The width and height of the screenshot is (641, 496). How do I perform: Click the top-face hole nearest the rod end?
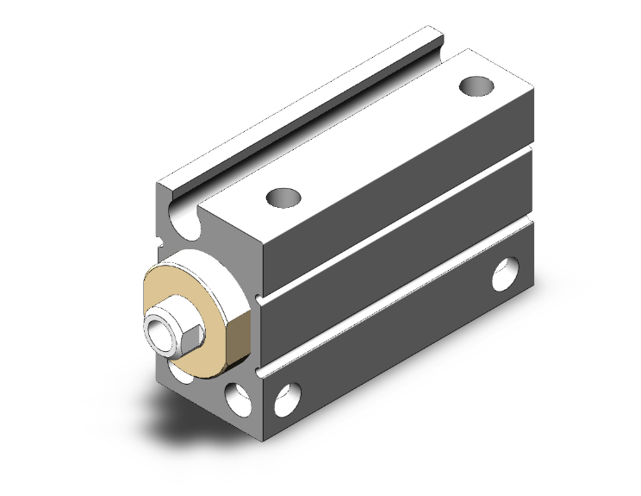click(283, 198)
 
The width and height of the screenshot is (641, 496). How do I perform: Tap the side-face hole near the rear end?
click(503, 275)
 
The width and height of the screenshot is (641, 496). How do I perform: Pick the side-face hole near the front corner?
click(285, 399)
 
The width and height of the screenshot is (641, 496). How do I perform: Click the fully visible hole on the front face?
click(234, 399)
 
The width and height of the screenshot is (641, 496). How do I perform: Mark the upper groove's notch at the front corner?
click(259, 298)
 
